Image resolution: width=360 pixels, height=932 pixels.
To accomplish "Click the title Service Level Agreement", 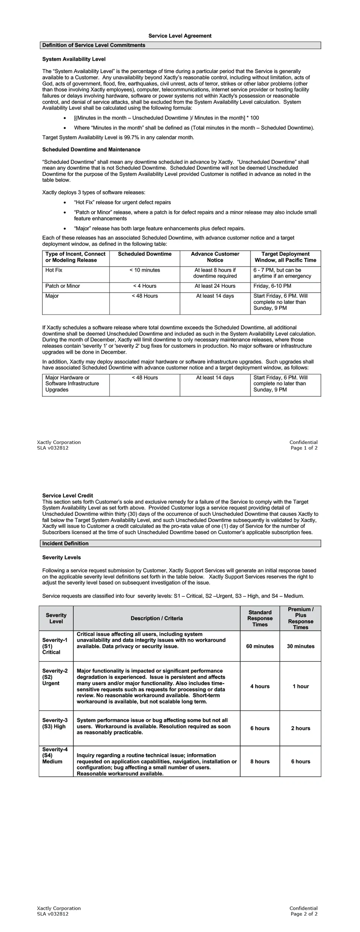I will click(180, 36).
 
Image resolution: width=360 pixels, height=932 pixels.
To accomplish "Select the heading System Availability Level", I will click(74, 59).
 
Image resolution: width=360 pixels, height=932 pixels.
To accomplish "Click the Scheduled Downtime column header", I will click(145, 254).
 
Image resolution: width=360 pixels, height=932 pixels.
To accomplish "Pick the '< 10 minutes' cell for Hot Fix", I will click(145, 270).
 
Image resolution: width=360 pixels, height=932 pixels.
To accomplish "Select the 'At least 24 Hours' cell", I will click(215, 286).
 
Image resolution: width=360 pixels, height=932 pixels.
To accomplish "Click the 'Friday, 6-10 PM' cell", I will click(272, 286).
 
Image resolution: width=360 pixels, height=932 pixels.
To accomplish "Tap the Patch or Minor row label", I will click(63, 286).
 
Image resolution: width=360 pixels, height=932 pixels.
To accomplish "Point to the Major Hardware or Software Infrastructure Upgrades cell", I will click(72, 384).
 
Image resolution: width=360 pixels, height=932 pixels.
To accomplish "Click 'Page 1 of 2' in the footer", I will click(304, 448).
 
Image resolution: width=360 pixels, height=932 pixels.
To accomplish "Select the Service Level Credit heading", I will click(67, 496).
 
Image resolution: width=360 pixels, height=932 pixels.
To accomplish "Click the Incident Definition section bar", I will click(180, 544).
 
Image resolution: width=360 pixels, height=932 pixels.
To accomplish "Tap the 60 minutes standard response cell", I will click(260, 646).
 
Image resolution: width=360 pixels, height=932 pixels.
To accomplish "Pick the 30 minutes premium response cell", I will click(300, 646).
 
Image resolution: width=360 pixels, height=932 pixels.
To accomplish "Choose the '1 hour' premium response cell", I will click(300, 686).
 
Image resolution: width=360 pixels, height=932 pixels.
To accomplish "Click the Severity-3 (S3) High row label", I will click(55, 724).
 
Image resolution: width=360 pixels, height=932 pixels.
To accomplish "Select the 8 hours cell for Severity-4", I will click(260, 762).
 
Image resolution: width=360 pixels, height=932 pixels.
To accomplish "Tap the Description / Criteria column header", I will click(157, 618).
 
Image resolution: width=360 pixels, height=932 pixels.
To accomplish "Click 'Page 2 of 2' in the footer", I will click(304, 914).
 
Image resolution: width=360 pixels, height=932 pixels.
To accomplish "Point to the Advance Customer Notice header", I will click(215, 257).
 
